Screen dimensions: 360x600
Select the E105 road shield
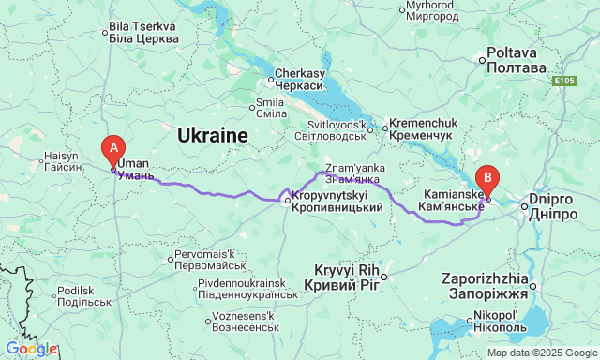[x=562, y=82]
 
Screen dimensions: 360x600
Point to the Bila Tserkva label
[x=143, y=34]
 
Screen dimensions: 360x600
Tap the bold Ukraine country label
[x=213, y=136]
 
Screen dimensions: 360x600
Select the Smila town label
[x=271, y=108]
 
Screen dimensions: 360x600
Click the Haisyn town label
[x=63, y=161]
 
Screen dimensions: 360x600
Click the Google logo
[x=30, y=349]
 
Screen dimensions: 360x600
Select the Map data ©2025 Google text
[x=541, y=352]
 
